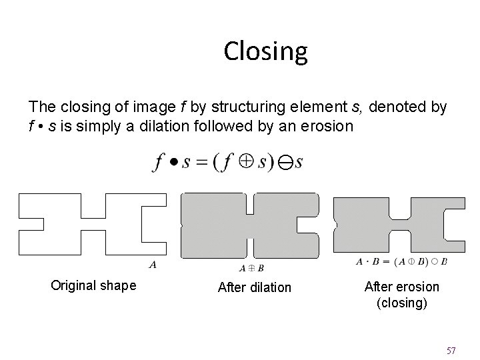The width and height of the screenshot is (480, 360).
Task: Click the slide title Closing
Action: click(265, 51)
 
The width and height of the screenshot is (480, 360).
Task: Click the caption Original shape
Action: click(93, 285)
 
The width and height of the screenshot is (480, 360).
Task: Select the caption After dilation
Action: click(255, 287)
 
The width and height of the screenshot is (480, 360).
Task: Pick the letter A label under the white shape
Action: click(153, 265)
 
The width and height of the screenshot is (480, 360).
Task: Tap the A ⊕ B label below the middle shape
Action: click(251, 268)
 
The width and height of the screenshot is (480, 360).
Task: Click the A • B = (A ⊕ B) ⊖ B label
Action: click(402, 262)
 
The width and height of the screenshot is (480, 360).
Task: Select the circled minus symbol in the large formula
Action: click(284, 163)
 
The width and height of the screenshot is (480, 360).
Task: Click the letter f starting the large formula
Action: click(159, 163)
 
